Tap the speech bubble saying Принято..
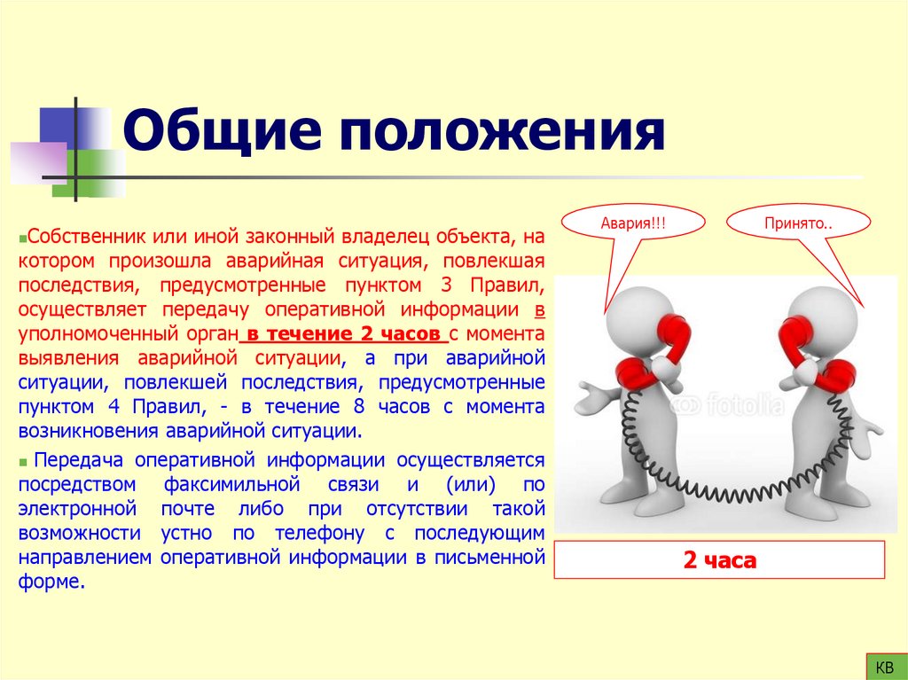click(x=798, y=222)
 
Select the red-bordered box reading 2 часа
click(x=719, y=560)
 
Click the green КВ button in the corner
click(x=884, y=666)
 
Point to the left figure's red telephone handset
click(x=671, y=341)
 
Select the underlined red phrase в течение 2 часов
click(x=345, y=334)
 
